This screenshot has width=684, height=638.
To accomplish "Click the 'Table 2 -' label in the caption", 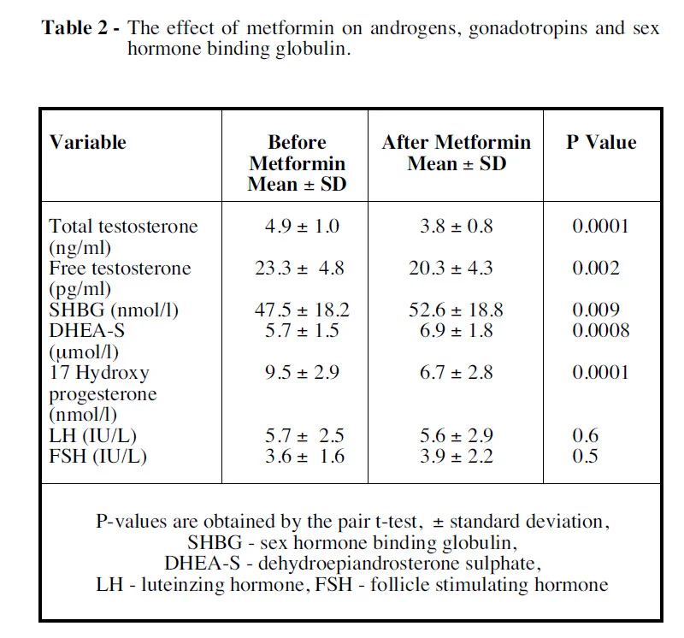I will (81, 28).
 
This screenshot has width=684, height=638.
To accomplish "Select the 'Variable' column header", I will (87, 143).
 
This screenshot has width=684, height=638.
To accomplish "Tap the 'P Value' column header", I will (601, 143).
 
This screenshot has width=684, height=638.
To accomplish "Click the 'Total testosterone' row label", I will (123, 227).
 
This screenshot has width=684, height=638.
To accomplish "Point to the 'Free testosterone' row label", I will (120, 269).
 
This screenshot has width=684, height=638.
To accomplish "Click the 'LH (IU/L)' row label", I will (91, 435).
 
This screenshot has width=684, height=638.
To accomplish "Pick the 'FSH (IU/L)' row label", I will (97, 456).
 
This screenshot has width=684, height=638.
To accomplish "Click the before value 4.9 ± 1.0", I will (303, 227).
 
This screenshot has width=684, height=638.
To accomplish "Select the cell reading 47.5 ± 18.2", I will (303, 310).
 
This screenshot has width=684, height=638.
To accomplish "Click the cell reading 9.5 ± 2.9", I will (303, 372).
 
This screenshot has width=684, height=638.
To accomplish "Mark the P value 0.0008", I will (601, 330).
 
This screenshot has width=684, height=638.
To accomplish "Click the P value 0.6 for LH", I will (586, 435).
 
